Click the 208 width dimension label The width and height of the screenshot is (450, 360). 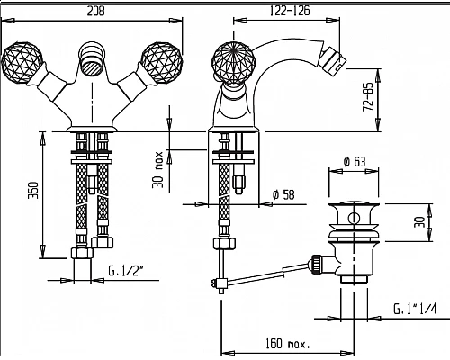pos(96,11)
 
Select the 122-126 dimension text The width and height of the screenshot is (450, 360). pos(290,11)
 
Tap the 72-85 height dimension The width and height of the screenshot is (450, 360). pos(368,97)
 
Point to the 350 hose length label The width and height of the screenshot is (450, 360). pos(33,190)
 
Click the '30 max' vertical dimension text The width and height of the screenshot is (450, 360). pos(157,169)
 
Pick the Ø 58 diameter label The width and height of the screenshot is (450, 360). pos(283,194)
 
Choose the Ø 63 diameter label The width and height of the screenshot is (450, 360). pos(355,162)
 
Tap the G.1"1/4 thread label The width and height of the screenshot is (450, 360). pos(415,309)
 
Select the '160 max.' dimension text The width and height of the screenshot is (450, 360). pos(288,343)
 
